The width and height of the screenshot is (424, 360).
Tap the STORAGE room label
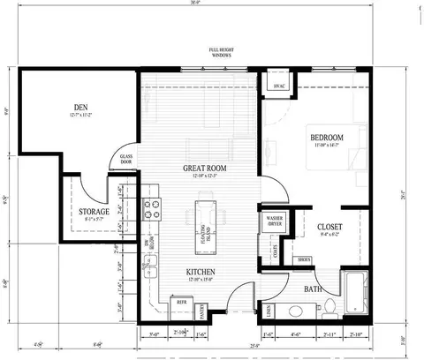(94, 212)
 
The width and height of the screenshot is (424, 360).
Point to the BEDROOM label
(327, 139)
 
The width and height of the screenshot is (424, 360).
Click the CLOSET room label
(329, 227)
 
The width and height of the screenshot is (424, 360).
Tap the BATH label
(314, 289)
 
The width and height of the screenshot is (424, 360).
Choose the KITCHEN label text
(202, 272)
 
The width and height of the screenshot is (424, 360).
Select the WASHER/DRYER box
(270, 221)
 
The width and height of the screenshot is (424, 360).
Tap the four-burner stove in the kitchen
(153, 209)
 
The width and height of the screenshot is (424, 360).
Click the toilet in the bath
(328, 306)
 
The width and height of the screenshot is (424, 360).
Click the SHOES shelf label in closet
(305, 259)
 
